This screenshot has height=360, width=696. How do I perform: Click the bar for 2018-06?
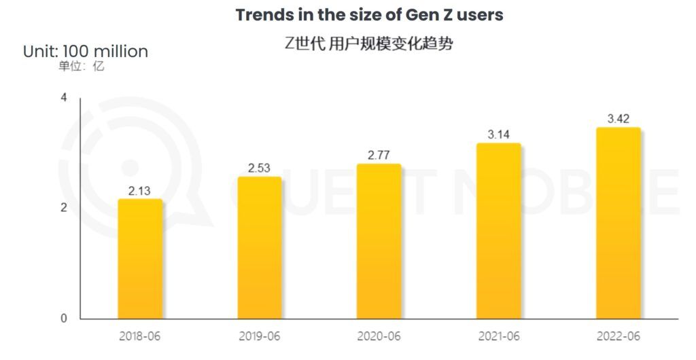point(140,259)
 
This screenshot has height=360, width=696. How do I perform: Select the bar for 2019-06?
point(260,248)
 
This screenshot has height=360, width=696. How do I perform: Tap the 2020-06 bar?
point(379,241)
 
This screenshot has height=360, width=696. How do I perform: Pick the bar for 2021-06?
point(498,231)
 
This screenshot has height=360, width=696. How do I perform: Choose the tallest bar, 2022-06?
point(618,223)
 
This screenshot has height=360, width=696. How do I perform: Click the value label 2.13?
point(140,190)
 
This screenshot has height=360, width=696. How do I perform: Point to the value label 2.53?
point(260,168)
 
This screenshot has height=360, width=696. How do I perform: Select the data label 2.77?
point(379,155)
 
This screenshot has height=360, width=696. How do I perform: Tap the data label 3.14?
point(498,134)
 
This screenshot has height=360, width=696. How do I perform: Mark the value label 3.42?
point(618,119)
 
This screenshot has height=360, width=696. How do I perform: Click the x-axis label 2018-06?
point(140,336)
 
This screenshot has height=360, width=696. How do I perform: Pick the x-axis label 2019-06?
point(260,336)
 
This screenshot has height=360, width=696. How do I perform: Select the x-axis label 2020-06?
point(379,336)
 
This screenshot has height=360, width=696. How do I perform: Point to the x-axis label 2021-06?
point(498,336)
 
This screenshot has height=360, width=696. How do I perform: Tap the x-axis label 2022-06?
point(618,336)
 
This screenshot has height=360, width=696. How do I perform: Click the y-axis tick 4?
point(64,98)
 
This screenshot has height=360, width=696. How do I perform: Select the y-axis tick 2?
point(64,208)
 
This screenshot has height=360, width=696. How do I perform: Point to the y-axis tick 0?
point(64,318)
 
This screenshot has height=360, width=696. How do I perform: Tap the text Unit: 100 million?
point(86,52)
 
